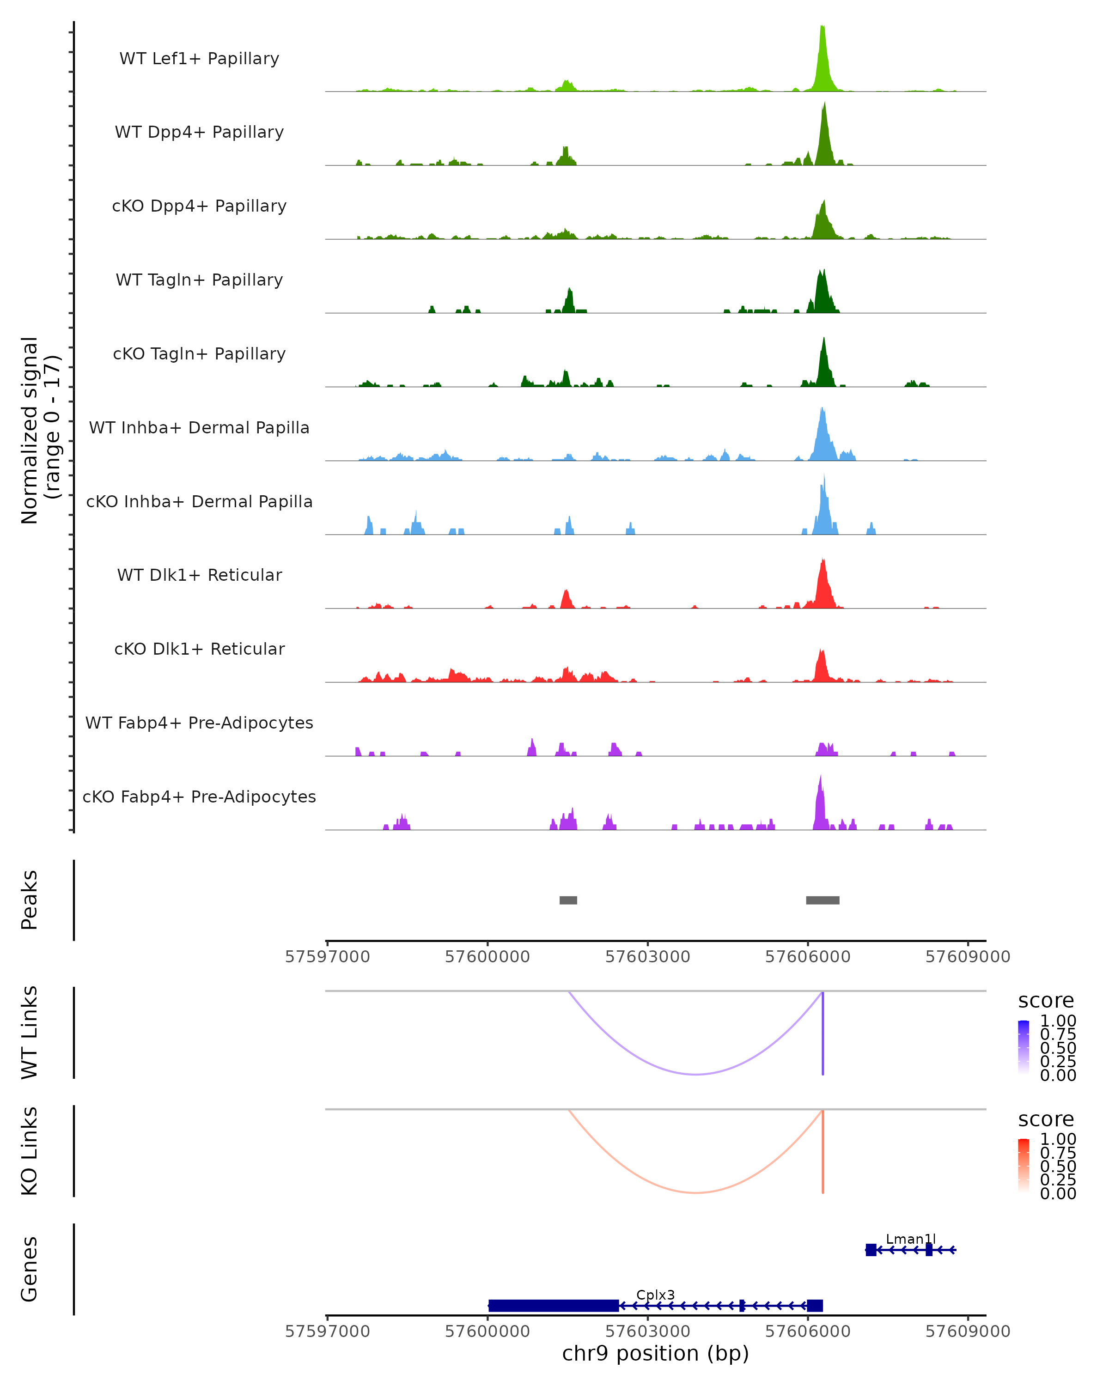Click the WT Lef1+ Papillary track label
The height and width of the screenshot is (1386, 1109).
199,59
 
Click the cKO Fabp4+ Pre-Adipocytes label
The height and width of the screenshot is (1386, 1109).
199,796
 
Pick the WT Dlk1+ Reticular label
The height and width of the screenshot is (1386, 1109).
199,575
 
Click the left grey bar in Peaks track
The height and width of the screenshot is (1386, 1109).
568,900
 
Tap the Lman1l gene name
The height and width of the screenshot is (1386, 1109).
910,1239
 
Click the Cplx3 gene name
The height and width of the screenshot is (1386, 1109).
655,1295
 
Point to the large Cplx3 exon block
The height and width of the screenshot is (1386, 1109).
554,1306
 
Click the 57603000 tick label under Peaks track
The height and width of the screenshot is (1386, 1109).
647,957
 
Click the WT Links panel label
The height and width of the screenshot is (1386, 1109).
30,1033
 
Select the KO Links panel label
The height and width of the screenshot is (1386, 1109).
30,1151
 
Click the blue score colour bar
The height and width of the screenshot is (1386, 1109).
1024,1047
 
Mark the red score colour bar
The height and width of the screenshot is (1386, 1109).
1024,1166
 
